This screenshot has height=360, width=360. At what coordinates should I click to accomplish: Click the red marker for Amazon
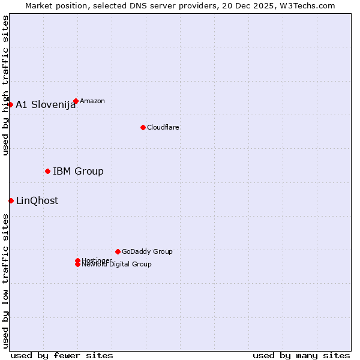[x=76, y=101]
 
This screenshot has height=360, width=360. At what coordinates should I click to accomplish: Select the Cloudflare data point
[x=143, y=127]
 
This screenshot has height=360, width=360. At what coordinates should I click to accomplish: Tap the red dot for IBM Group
[x=47, y=171]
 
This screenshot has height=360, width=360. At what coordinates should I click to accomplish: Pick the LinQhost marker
[x=11, y=200]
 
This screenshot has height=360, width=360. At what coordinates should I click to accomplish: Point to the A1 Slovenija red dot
[x=10, y=104]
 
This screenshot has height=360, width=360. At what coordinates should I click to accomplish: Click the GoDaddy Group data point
[x=118, y=251]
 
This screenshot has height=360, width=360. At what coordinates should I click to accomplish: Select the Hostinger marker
[x=77, y=260]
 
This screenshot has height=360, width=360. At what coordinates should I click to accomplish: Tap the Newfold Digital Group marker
[x=77, y=265]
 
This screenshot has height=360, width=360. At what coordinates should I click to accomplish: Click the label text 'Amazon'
[x=92, y=101]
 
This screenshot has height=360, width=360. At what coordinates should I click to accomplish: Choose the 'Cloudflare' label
[x=163, y=127]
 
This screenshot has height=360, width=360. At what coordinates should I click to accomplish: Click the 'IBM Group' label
[x=78, y=172]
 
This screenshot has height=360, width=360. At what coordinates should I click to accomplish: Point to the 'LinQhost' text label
[x=37, y=201]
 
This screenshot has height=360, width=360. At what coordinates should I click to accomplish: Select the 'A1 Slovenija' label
[x=46, y=105]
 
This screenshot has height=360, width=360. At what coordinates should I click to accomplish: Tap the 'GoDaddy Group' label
[x=147, y=251]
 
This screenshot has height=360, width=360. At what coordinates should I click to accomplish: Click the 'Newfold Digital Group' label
[x=117, y=265]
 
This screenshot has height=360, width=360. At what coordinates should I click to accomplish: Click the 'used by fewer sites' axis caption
[x=62, y=355]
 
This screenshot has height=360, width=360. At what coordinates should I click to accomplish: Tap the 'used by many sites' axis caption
[x=301, y=355]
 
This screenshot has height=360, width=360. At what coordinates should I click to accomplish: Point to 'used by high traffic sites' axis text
[x=6, y=85]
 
